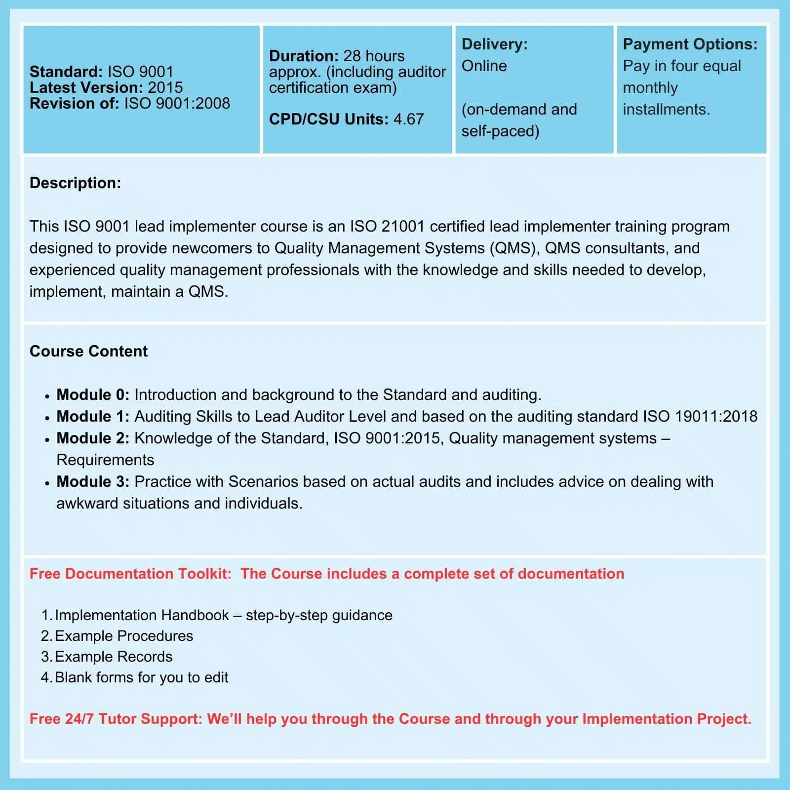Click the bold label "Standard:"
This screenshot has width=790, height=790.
[66, 72]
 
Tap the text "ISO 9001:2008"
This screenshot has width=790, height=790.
[177, 104]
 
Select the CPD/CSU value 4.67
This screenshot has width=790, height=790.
[408, 119]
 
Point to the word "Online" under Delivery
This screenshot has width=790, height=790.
[484, 66]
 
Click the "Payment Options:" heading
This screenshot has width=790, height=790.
[690, 44]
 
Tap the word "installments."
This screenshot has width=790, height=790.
[666, 110]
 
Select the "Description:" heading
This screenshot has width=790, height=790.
[75, 183]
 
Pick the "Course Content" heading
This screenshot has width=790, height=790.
[88, 352]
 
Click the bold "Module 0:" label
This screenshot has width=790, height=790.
[93, 395]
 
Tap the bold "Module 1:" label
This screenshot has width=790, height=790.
[93, 417]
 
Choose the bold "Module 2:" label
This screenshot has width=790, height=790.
[93, 438]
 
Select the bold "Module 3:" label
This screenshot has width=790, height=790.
[93, 482]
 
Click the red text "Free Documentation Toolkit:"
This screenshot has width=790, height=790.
[130, 574]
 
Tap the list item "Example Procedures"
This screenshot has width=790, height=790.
[124, 636]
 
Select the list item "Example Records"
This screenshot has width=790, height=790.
[114, 657]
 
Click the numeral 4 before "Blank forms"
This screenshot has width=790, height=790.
[45, 677]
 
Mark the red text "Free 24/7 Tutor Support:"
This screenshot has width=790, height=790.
[116, 719]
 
